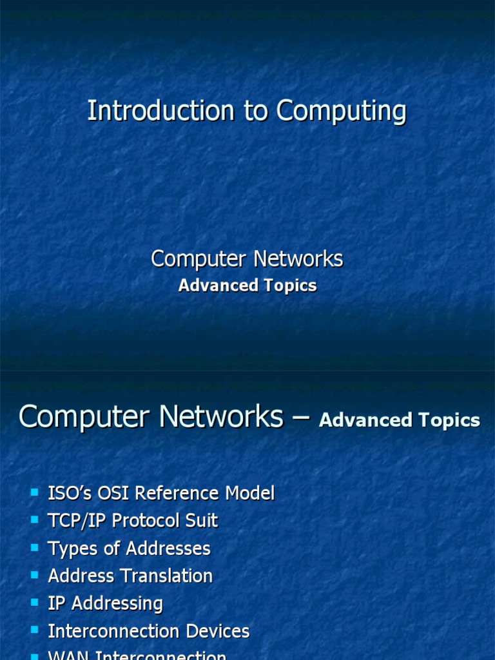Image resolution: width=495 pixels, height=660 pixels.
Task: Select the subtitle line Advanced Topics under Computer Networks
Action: click(x=247, y=286)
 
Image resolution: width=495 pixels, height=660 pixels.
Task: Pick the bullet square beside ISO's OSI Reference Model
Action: click(x=34, y=493)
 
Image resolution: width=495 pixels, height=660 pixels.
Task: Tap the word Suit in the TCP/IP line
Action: click(x=203, y=521)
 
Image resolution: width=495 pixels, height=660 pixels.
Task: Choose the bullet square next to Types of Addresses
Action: click(x=34, y=548)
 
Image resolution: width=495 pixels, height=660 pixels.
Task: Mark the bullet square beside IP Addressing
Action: click(x=34, y=603)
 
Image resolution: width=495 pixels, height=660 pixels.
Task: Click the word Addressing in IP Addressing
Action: click(x=116, y=604)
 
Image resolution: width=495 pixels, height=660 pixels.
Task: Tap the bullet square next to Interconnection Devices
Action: click(x=34, y=630)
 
